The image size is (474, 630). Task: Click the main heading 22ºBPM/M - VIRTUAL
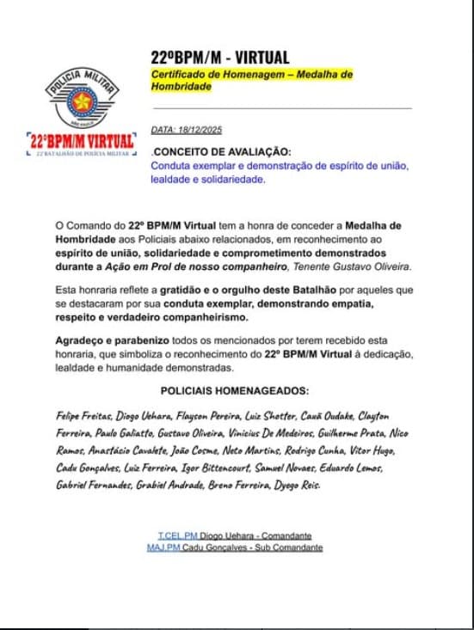click(x=219, y=58)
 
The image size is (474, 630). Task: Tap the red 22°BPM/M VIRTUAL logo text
click(x=82, y=140)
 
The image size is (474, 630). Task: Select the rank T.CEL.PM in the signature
click(x=177, y=535)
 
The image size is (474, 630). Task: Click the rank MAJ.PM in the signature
click(x=166, y=547)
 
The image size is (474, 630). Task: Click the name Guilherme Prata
click(x=352, y=433)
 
